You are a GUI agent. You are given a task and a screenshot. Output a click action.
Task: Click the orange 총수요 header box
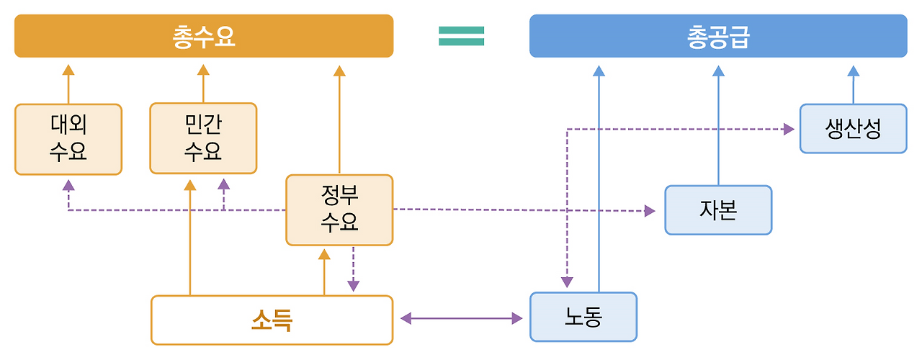204,36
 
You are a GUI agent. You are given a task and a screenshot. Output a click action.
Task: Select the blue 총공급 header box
718,36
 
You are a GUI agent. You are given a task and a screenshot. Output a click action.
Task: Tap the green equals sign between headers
461,36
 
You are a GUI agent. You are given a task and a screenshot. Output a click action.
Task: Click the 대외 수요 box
68,139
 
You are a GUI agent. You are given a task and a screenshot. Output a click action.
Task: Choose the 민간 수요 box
203,138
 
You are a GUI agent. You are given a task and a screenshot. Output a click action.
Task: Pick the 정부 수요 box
339,210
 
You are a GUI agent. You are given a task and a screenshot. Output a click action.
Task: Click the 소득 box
272,320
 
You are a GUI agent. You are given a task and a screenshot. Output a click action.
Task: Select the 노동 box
583,317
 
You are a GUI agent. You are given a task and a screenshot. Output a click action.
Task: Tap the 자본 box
718,210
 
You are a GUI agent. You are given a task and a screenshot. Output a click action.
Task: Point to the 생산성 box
853,129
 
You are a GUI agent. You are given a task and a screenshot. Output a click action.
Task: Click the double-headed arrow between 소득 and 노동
461,318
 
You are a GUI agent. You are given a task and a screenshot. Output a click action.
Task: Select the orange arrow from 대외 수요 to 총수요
68,84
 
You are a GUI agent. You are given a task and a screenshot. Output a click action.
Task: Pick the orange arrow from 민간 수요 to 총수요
203,84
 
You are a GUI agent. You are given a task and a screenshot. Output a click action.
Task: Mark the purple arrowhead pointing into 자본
650,211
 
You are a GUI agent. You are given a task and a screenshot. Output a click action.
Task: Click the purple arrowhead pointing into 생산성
789,129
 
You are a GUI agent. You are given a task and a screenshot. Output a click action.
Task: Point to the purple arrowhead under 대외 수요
68,185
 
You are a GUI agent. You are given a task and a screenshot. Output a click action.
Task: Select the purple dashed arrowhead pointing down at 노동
568,282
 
